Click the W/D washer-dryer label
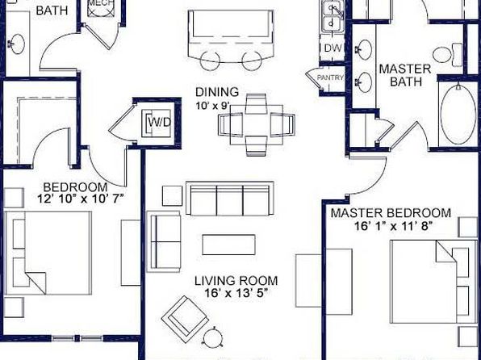[x=159, y=123]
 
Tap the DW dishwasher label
[x=333, y=48]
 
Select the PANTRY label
[x=330, y=77]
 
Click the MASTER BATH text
[x=405, y=75]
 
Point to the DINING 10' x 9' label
[x=217, y=98]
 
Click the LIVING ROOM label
[x=236, y=281]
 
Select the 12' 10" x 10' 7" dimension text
[x=80, y=199]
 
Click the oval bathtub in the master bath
[x=458, y=115]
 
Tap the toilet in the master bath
[x=448, y=55]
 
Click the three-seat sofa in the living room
[x=230, y=199]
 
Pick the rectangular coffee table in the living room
[x=229, y=245]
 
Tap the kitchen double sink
[x=332, y=16]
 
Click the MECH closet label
[x=101, y=3]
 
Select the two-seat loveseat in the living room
[x=164, y=241]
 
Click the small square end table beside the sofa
[x=172, y=195]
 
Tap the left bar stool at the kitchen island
[x=210, y=61]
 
